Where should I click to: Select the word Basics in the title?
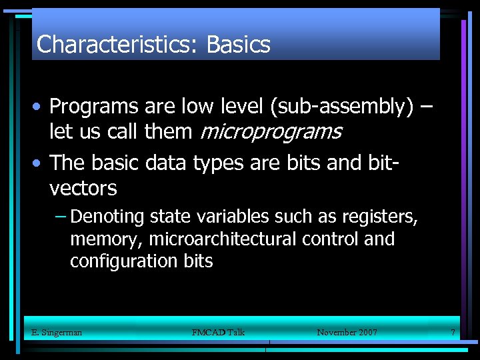238,45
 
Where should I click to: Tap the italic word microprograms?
270,131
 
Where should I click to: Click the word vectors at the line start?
83,189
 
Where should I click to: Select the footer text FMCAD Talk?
218,332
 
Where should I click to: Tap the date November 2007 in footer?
347,332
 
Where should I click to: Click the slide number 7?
453,332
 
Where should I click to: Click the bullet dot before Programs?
40,107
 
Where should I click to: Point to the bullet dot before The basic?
40,163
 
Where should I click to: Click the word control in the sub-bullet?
326,239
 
